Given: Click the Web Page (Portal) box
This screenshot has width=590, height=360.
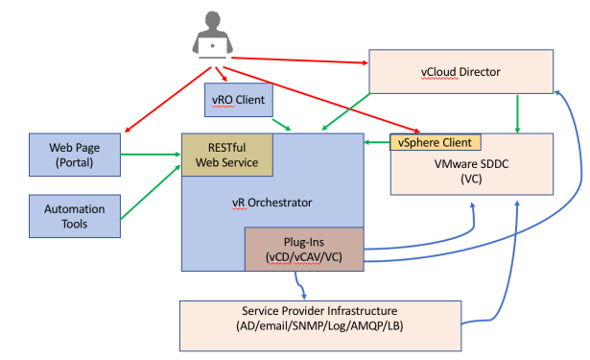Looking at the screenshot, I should pyautogui.click(x=75, y=155).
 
